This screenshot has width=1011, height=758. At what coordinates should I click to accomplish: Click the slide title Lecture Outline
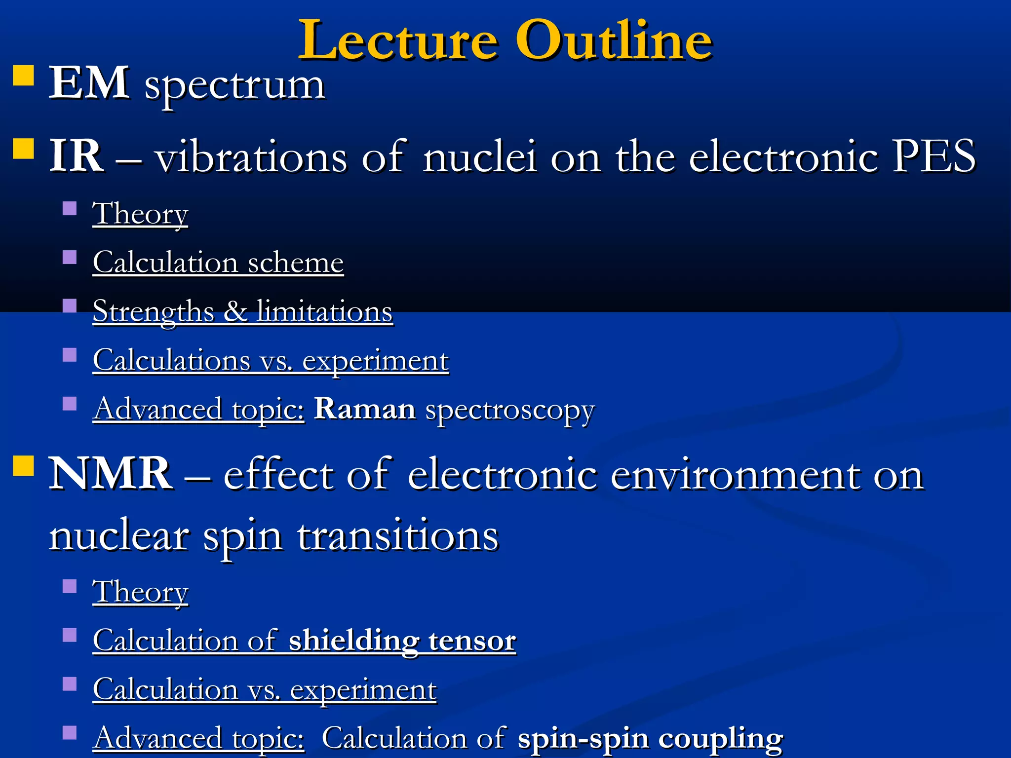[505, 40]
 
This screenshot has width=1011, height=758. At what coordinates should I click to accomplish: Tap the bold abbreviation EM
[89, 83]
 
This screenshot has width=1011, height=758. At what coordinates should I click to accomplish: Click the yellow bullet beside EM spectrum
[23, 76]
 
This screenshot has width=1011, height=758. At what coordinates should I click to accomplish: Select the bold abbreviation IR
[76, 156]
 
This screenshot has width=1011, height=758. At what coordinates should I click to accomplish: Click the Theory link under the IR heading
[140, 214]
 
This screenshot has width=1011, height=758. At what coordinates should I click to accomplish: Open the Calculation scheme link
[218, 263]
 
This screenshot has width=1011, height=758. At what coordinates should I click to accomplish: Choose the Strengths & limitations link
[242, 311]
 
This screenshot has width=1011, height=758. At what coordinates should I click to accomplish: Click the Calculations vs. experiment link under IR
[271, 360]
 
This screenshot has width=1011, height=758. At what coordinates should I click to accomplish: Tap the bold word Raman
[365, 409]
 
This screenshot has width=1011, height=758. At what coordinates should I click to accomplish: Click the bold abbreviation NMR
[111, 474]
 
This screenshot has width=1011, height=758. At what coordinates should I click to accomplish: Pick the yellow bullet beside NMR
[23, 465]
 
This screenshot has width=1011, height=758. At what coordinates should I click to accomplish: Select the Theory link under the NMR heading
[140, 592]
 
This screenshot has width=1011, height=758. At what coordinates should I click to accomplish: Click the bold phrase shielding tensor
[402, 641]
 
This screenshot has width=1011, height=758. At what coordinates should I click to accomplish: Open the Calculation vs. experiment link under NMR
[265, 689]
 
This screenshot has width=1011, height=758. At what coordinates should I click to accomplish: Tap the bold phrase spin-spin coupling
[650, 738]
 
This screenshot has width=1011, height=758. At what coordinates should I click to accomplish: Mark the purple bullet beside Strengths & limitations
[70, 306]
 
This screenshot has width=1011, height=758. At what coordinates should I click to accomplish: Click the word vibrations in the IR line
[252, 156]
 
